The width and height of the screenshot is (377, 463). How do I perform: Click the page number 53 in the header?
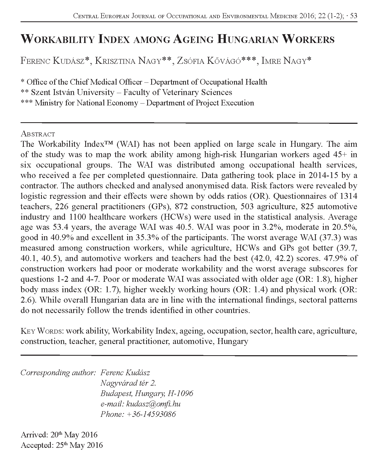pos(353,16)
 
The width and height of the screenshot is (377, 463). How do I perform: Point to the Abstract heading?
pos(38,134)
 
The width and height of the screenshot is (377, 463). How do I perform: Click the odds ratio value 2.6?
pos(28,300)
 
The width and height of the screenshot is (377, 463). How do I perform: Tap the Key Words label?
pos(41,331)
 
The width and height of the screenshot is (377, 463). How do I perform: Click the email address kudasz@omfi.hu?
pos(153,404)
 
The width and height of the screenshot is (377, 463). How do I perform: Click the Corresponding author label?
pos(58,373)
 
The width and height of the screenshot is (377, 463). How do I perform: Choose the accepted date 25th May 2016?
pos(76,445)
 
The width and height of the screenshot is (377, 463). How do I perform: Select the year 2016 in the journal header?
pos(313,16)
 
